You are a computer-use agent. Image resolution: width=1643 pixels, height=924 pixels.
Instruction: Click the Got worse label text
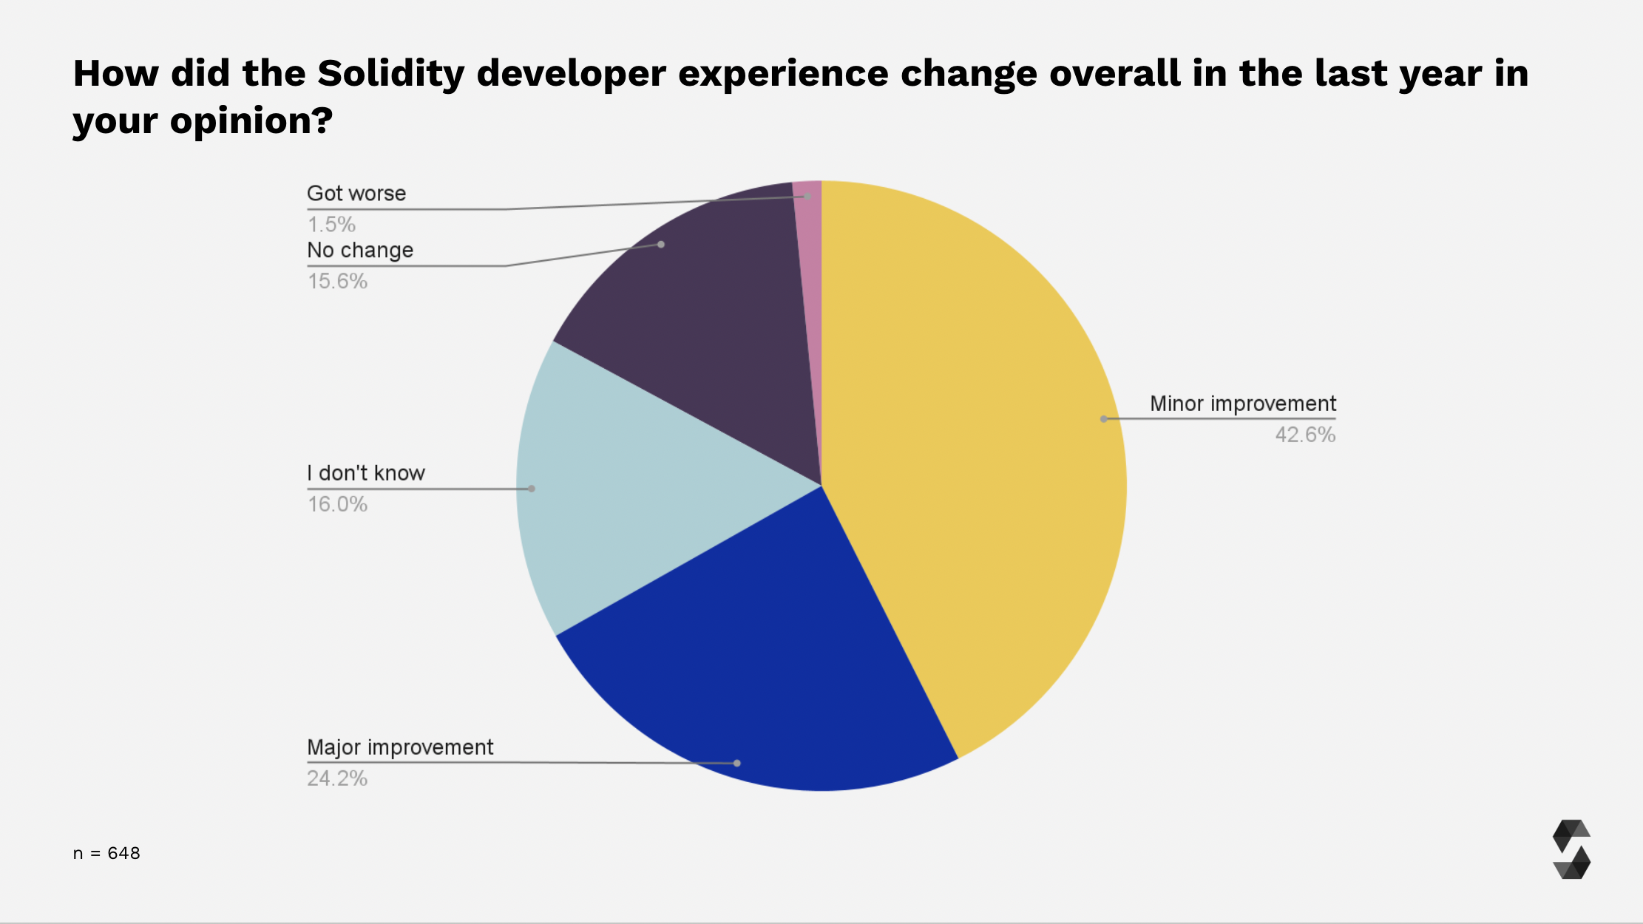[x=356, y=194]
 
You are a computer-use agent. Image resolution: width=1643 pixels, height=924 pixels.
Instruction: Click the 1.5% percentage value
[x=331, y=224]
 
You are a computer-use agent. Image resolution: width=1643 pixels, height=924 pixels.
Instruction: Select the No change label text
[x=360, y=251]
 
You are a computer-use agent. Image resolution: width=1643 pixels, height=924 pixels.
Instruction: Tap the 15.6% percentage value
[x=337, y=281]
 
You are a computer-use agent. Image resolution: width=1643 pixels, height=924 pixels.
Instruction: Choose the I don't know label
[x=366, y=473]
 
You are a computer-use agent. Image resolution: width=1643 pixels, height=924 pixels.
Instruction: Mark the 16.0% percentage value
[x=337, y=504]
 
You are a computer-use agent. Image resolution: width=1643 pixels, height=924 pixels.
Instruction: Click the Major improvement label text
[x=400, y=747]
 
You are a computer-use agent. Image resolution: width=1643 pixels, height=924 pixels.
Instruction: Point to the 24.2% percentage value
[x=337, y=778]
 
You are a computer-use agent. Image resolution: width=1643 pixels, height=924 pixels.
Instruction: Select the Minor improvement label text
[x=1242, y=404]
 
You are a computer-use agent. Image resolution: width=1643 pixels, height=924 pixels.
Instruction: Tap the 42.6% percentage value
[x=1305, y=435]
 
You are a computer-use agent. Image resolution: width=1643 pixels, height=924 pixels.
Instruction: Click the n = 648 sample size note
[x=106, y=853]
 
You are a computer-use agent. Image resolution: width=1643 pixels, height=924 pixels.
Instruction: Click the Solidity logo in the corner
[x=1571, y=849]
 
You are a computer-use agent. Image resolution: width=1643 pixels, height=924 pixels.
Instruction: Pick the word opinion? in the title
[x=251, y=120]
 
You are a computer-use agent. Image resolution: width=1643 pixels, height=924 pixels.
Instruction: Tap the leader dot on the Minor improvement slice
[x=1103, y=419]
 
